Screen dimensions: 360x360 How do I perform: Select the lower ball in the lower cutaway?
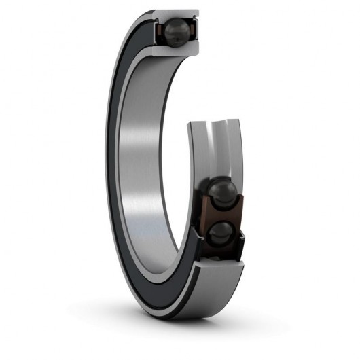click(x=219, y=234)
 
